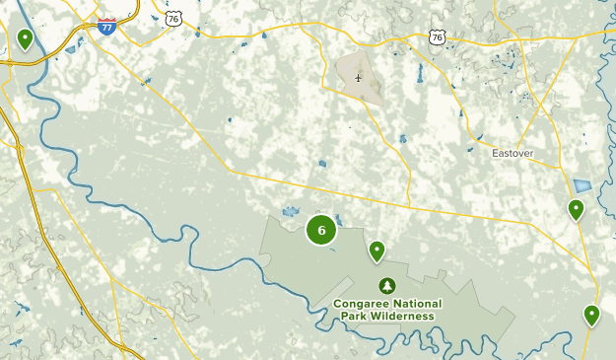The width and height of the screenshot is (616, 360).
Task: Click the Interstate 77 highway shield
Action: tap(105, 27)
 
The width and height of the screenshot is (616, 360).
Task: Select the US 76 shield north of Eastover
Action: tap(438, 36)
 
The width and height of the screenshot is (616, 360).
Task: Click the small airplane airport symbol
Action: tap(359, 78)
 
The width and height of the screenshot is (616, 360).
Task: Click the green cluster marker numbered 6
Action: tap(321, 230)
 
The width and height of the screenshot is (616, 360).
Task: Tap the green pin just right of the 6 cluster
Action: tap(376, 251)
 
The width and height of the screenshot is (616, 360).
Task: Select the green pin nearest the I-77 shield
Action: tap(25, 38)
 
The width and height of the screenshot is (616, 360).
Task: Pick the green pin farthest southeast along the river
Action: tap(591, 315)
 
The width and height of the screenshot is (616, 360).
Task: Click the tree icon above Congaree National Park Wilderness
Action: tap(387, 285)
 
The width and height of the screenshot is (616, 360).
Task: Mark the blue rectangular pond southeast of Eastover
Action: tap(582, 185)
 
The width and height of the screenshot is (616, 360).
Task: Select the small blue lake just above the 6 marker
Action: tap(291, 211)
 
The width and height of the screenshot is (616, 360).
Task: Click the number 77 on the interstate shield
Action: tap(105, 29)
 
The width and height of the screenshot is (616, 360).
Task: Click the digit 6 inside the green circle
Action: tap(321, 230)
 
